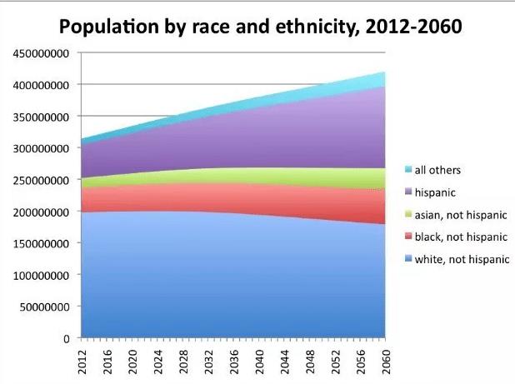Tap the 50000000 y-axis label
(x=42, y=307)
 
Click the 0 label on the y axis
(x=64, y=339)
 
